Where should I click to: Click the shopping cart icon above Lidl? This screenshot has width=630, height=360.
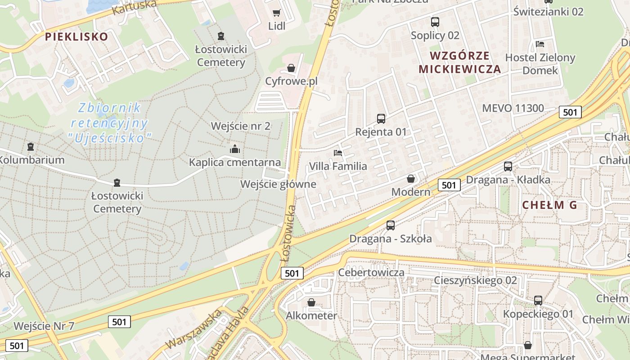276,13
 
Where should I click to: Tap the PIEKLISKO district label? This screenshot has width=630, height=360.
76,36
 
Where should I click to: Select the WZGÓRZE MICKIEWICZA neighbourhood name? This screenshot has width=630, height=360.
459,62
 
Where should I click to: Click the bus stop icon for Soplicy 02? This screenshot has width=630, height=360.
435,22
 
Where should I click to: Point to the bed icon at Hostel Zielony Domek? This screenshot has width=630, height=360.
540,44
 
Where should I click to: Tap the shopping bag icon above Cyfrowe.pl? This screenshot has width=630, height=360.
291,68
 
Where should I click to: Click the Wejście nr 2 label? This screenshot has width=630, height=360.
241,126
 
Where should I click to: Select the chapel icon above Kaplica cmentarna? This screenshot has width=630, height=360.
234,149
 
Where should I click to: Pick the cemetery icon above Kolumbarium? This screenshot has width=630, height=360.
31,147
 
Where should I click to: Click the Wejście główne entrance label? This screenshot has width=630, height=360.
278,184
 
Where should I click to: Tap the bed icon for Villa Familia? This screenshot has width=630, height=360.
338,153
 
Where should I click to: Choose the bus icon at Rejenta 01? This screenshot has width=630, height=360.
381,119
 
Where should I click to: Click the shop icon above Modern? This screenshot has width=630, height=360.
411,179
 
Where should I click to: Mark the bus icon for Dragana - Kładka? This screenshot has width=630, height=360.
508,166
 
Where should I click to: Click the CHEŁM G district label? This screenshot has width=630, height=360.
549,205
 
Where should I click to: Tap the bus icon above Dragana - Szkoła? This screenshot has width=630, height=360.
391,225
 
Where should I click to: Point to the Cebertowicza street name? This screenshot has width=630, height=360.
371,272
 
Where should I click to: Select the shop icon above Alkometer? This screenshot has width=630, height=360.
311,302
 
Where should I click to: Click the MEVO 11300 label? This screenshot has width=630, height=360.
513,108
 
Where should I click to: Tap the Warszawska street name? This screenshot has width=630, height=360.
193,328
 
